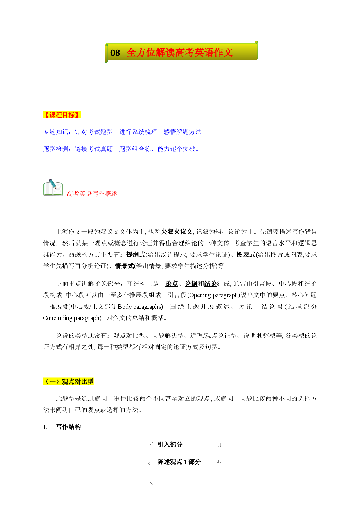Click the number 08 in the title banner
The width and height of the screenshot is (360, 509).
click(115, 53)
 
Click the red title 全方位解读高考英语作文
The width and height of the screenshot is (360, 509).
click(180, 53)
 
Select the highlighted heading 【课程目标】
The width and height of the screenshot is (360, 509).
click(62, 115)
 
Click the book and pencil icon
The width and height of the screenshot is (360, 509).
click(53, 187)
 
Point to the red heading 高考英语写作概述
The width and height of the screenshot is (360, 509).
click(92, 194)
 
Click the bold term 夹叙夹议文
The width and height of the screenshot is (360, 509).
click(177, 232)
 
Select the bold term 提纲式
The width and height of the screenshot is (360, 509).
click(136, 255)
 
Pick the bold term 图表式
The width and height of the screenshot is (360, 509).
click(246, 255)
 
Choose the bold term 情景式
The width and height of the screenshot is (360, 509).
click(124, 266)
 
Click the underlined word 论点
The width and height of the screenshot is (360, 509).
click(172, 284)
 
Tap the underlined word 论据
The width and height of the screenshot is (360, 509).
click(191, 284)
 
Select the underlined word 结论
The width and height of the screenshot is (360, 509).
click(210, 284)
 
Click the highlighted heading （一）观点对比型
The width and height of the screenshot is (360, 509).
click(68, 382)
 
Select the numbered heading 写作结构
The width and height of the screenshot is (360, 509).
click(68, 427)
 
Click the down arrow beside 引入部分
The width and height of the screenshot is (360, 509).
click(220, 445)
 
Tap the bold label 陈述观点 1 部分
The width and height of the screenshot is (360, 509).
click(179, 462)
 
